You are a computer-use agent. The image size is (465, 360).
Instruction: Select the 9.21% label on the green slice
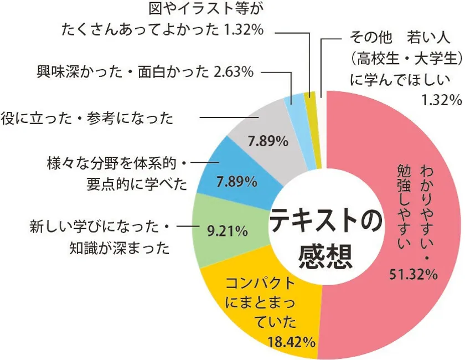click(226, 231)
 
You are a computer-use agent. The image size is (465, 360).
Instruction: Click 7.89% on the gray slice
click(267, 141)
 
